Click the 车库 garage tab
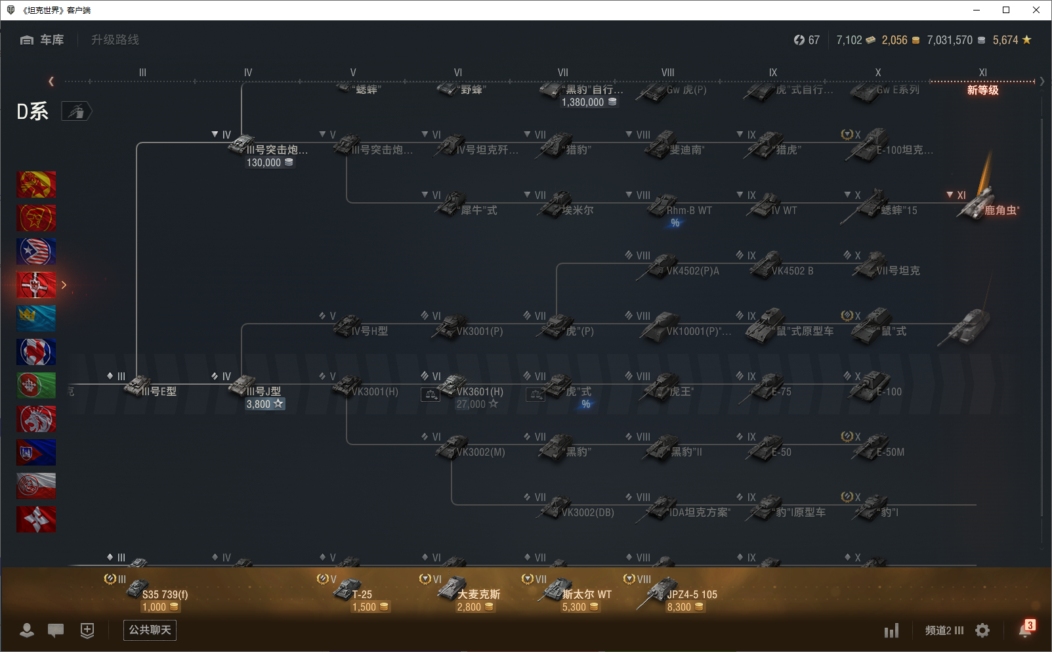point(43,40)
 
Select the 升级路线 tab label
point(115,40)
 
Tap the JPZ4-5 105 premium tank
point(679,594)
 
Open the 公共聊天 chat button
point(150,630)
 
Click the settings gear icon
point(982,630)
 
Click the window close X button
point(1036,10)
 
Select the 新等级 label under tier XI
point(982,91)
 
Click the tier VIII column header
point(667,73)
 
